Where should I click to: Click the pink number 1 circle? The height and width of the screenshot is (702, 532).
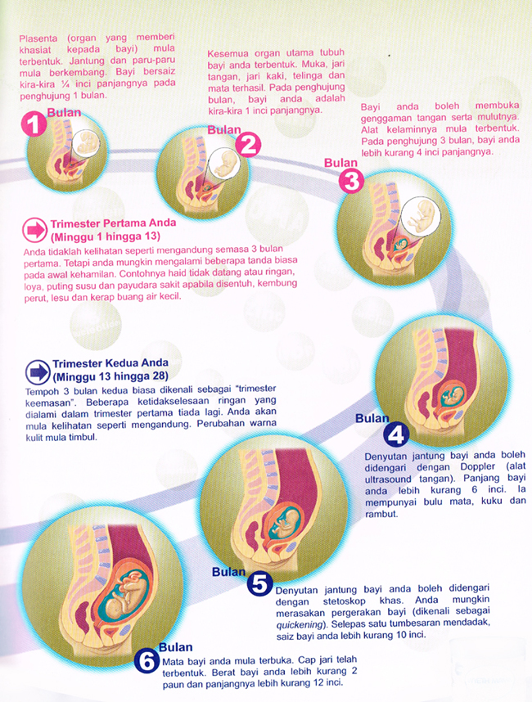[33, 124]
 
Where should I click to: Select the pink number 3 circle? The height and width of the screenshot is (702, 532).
[353, 182]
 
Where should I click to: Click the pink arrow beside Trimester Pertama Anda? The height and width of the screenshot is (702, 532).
[36, 227]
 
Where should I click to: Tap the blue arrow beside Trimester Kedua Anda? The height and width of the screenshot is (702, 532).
[37, 371]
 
